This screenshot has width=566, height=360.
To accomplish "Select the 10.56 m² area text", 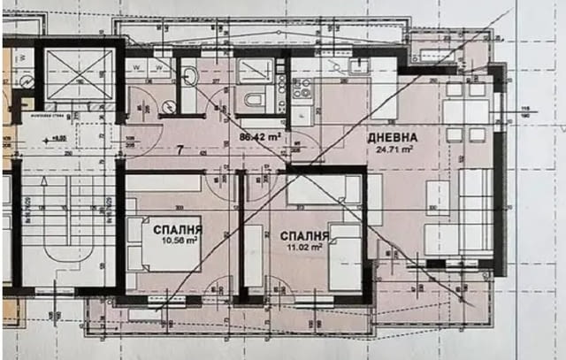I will point(178,240).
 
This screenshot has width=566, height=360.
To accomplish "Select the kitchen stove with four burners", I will point(302,90).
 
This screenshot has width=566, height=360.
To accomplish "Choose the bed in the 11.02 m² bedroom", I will point(344,257).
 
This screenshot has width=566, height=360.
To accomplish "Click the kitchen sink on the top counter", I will point(358,66).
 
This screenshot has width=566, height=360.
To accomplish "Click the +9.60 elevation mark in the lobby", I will point(57,139).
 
